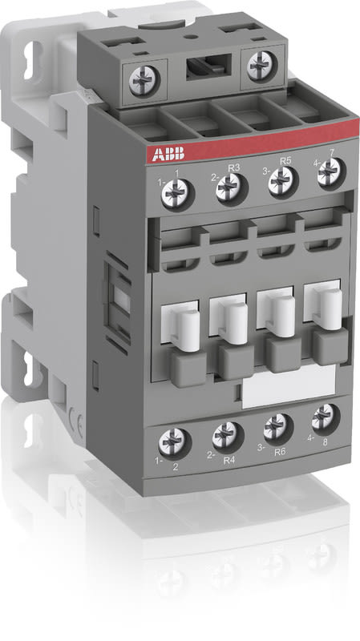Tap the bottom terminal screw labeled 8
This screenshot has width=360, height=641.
tap(324, 415)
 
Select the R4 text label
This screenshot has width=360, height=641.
tap(229, 460)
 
